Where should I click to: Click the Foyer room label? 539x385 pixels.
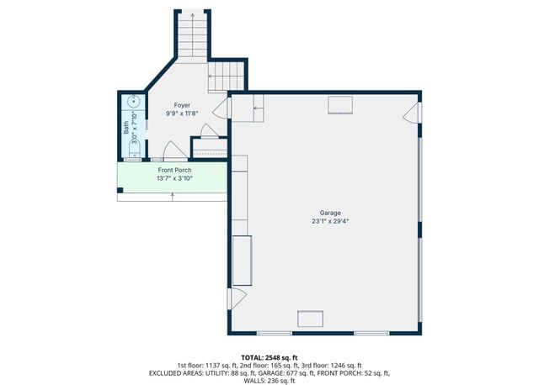181,105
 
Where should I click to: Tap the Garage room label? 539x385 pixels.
329,213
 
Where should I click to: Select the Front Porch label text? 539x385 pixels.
173,170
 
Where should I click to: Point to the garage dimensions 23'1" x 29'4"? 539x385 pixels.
329,222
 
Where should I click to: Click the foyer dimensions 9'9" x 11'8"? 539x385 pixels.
181,113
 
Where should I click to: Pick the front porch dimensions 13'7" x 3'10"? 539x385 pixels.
173,178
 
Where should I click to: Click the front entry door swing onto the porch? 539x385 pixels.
173,152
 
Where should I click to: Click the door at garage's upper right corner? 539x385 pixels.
412,114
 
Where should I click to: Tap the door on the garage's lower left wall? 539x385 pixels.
237,297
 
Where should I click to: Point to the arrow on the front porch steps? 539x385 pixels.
173,197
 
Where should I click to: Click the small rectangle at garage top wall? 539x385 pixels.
341,103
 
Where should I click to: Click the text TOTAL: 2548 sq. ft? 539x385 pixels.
269,356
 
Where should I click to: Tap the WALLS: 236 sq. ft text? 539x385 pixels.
269,380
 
